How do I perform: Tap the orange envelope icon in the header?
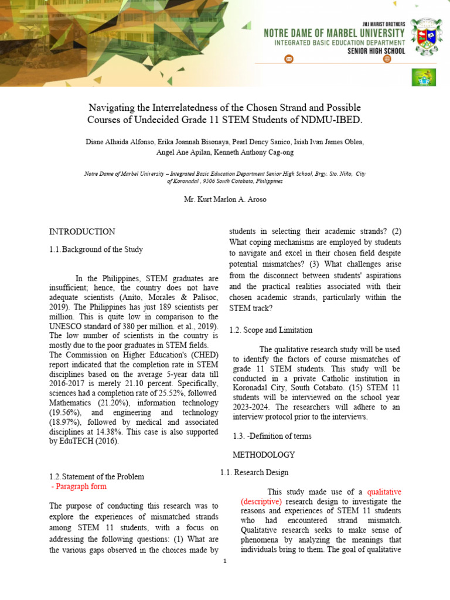pos(288,59)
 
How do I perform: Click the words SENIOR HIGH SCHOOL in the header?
pos(373,51)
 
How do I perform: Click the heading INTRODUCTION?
pos(82,232)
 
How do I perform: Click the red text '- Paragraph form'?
pos(79,486)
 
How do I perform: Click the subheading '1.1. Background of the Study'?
pos(96,250)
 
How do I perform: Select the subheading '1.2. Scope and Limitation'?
pos(271,330)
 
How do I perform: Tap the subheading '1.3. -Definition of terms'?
pos(272,437)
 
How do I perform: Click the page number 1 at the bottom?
pos(224,561)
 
